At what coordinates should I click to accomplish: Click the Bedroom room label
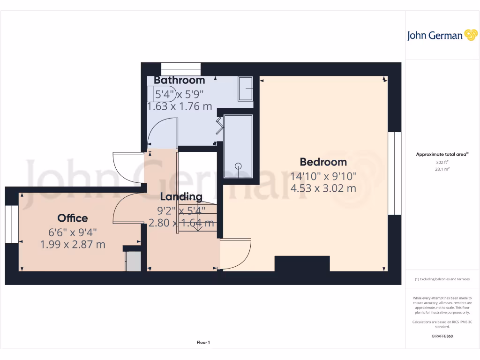tap(323, 162)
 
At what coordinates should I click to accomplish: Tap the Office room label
tap(73, 218)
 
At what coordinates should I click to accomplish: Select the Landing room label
tap(181, 197)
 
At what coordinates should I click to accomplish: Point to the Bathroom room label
tap(180, 80)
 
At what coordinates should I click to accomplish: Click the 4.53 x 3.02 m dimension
tap(323, 188)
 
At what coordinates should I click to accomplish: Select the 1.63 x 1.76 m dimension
tap(180, 106)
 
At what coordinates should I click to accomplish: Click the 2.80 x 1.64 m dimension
tap(181, 223)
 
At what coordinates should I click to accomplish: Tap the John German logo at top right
tap(442, 36)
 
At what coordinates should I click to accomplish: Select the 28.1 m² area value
tap(442, 169)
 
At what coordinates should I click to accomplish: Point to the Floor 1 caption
tap(203, 343)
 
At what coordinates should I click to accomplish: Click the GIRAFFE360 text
tap(442, 336)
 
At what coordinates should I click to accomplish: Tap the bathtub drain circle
tap(238, 165)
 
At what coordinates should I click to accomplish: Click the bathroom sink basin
tap(246, 89)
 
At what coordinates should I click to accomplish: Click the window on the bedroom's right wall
tap(395, 173)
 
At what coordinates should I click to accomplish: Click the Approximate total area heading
tap(442, 154)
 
